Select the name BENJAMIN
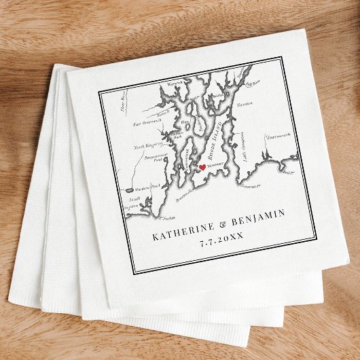coord(257,219)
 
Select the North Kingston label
coord(147,145)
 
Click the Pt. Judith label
coord(167,217)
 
